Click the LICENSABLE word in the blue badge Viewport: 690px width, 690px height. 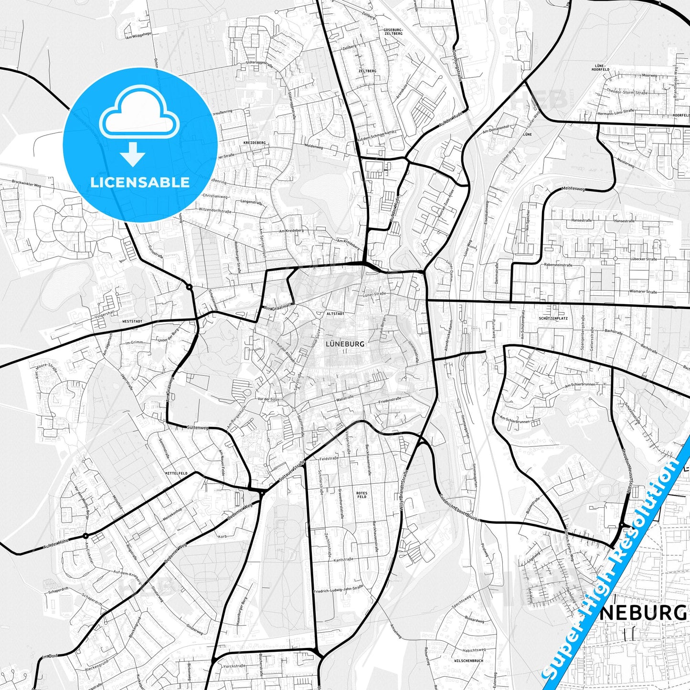[140, 182]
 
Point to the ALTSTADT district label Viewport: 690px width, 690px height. [335, 314]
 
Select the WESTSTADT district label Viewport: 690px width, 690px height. [132, 321]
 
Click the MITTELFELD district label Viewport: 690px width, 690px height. [176, 473]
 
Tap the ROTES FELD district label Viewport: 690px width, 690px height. [362, 495]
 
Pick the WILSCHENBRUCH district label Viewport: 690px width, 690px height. [468, 661]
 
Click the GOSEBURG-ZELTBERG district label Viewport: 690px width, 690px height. [393, 32]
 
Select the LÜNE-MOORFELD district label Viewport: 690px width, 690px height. [600, 67]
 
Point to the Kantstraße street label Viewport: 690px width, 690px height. [343, 559]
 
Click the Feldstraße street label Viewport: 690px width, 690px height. [329, 458]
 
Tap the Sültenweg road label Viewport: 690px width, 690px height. [198, 427]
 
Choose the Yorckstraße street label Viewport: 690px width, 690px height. [234, 666]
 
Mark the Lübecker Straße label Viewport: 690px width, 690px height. [645, 259]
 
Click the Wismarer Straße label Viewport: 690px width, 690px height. [643, 291]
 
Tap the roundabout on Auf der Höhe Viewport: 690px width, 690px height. [85, 536]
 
